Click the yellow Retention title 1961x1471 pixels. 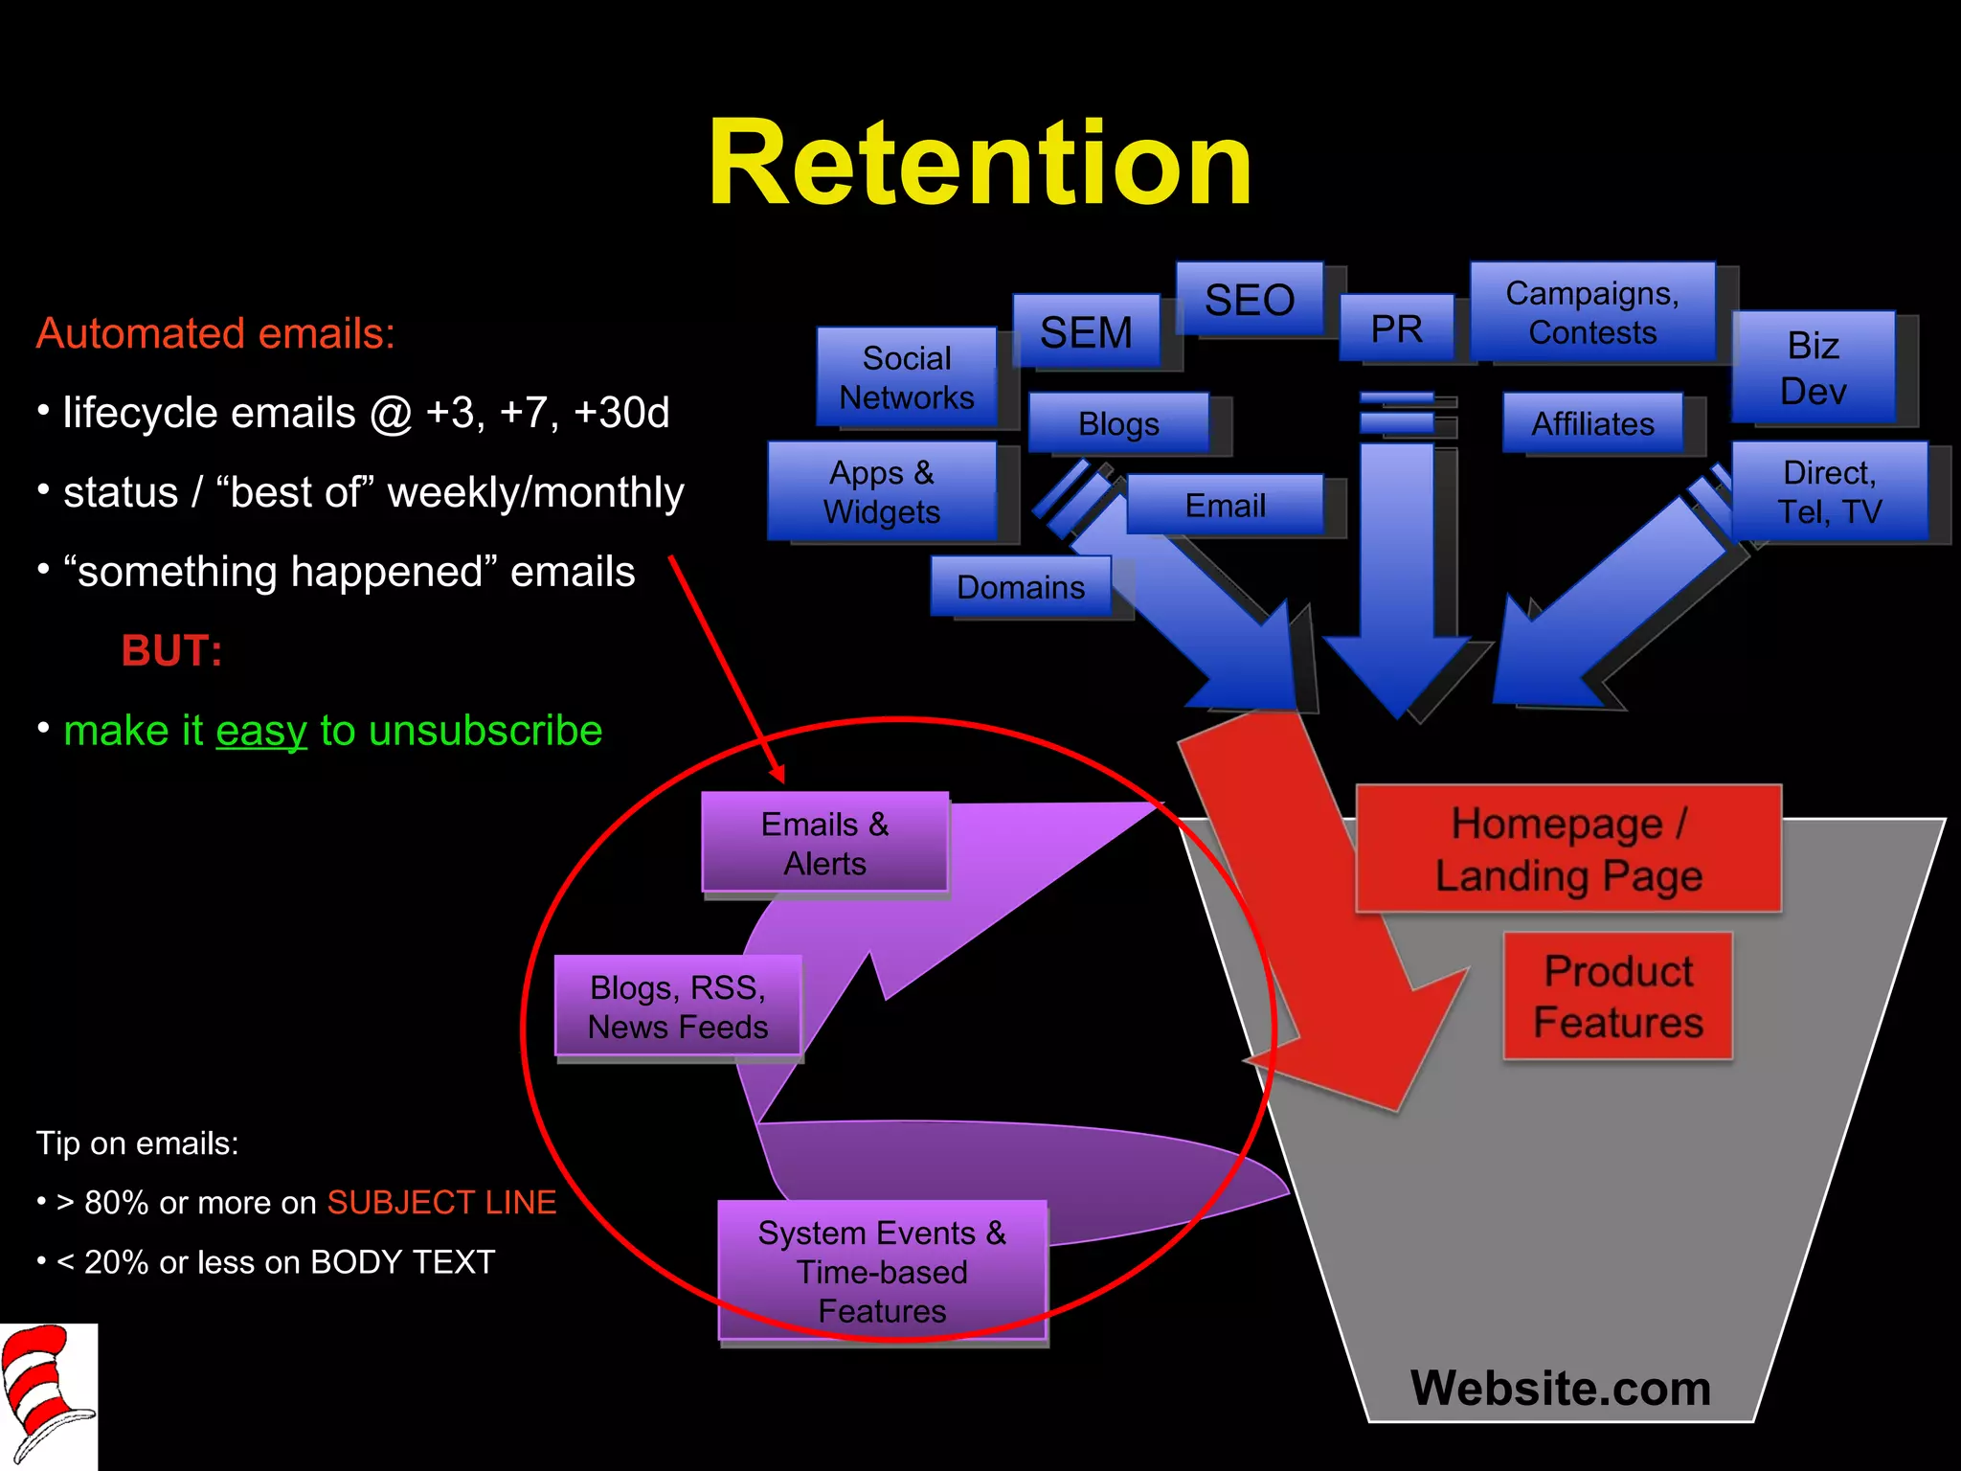point(980,163)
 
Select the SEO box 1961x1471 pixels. point(1250,300)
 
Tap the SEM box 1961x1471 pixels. point(1087,332)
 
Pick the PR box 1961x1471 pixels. point(1396,328)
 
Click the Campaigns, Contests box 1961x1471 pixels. point(1592,312)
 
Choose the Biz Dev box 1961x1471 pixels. point(1814,368)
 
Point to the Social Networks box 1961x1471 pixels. point(906,377)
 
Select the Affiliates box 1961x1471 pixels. point(1592,423)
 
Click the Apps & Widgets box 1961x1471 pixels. point(882,491)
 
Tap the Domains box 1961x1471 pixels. point(1021,586)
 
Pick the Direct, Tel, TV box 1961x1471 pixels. point(1829,491)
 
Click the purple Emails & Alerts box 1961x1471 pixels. point(824,843)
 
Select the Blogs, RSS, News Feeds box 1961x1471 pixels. point(678,1007)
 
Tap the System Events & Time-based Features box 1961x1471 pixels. point(882,1271)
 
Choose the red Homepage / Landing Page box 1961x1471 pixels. point(1568,849)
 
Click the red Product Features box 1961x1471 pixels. point(1618,996)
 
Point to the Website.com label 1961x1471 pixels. point(1560,1388)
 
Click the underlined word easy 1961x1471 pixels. point(261,731)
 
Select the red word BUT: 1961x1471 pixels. point(172,651)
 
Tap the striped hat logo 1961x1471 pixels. point(48,1395)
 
